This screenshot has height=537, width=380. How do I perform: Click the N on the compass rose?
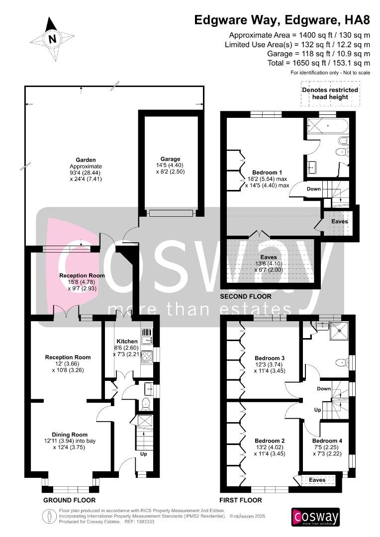tap(52, 39)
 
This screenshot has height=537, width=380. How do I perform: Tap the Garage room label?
tap(170, 159)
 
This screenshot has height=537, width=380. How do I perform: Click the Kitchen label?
tap(127, 341)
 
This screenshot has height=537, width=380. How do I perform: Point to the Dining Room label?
tap(70, 435)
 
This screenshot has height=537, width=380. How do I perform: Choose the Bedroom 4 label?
tap(327, 441)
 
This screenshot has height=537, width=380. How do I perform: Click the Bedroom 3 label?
tap(270, 358)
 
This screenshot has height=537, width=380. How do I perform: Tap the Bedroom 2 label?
tap(270, 441)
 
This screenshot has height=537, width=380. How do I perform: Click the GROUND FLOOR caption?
tap(69, 500)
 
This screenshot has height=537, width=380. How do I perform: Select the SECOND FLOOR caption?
tap(246, 296)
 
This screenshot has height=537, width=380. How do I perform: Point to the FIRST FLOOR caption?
tap(241, 500)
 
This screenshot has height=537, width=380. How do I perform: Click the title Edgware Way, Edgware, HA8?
tap(282, 20)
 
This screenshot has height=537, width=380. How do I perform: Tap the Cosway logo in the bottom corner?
tap(315, 517)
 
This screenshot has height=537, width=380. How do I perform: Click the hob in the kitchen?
tap(147, 356)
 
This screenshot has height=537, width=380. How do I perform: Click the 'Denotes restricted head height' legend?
tap(330, 93)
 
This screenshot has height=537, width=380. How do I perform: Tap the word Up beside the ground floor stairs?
tap(144, 454)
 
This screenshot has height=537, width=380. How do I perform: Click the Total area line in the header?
tap(319, 63)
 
